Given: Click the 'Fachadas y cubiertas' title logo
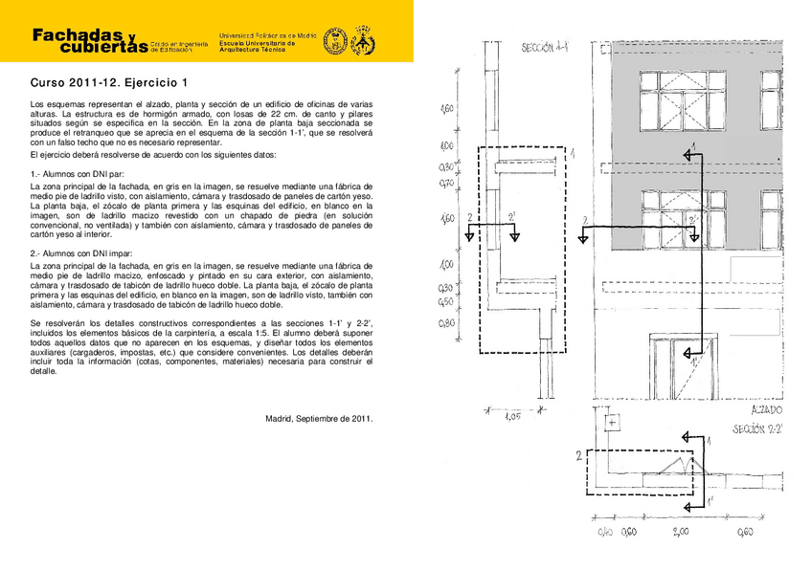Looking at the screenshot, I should (90, 40).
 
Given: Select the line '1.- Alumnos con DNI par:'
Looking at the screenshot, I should (79, 173).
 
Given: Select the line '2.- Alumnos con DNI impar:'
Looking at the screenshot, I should (82, 252).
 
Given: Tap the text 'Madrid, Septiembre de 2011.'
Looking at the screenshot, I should (319, 418).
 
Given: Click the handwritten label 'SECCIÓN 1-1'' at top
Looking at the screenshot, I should (544, 48).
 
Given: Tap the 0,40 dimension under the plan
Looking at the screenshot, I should (605, 533).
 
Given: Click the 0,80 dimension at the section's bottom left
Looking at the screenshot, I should (446, 323).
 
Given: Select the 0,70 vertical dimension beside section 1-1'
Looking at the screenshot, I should (446, 182).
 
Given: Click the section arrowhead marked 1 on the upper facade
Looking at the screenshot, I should (688, 152).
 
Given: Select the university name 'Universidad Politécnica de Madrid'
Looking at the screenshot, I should (267, 34).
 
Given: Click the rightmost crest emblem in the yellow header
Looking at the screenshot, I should (363, 42).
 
